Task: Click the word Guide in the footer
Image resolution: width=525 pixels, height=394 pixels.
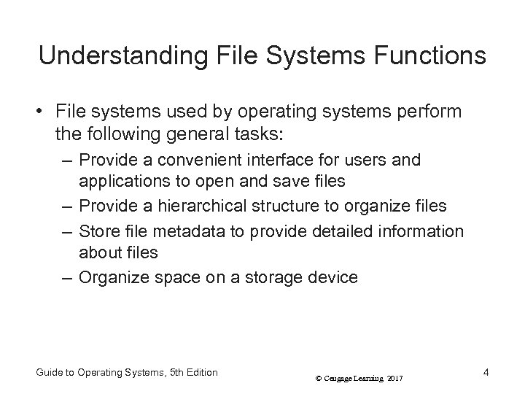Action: [x=50, y=373]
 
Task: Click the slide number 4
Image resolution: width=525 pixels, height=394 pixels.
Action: [x=485, y=373]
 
